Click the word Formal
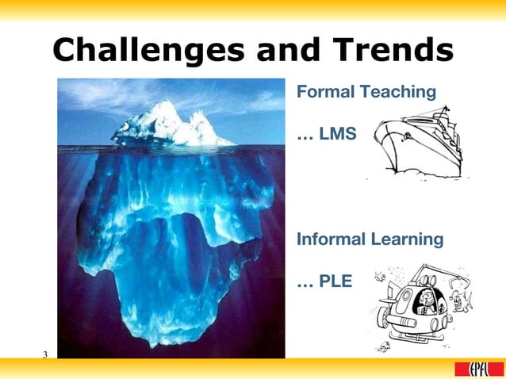pos(325,92)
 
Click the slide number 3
pos(46,353)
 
